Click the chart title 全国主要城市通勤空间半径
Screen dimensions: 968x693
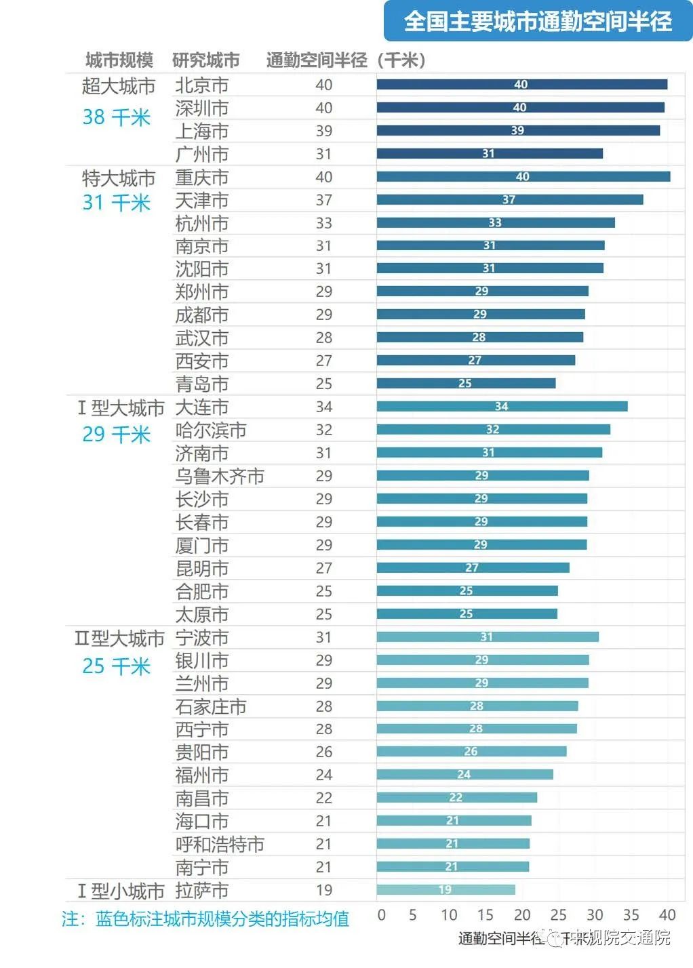click(538, 22)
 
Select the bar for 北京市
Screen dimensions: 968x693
click(521, 85)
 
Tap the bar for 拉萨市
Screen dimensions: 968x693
click(446, 890)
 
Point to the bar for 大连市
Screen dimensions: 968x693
click(502, 407)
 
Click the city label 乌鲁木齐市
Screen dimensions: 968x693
click(220, 477)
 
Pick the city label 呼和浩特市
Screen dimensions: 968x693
click(220, 845)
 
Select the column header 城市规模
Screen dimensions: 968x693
click(119, 60)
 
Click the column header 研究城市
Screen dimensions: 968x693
click(206, 60)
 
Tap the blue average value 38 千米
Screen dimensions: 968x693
click(116, 117)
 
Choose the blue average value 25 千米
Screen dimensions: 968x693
click(116, 666)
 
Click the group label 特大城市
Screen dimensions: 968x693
click(119, 178)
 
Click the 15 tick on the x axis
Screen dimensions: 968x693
click(486, 915)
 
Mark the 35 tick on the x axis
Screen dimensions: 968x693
click(631, 915)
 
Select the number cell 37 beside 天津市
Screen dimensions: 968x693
click(324, 201)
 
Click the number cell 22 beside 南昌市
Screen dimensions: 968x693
click(324, 799)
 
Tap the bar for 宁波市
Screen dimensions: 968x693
click(487, 637)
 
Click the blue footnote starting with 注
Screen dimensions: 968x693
click(205, 919)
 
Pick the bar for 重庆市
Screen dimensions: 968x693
click(523, 177)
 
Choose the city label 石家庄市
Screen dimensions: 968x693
click(211, 707)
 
